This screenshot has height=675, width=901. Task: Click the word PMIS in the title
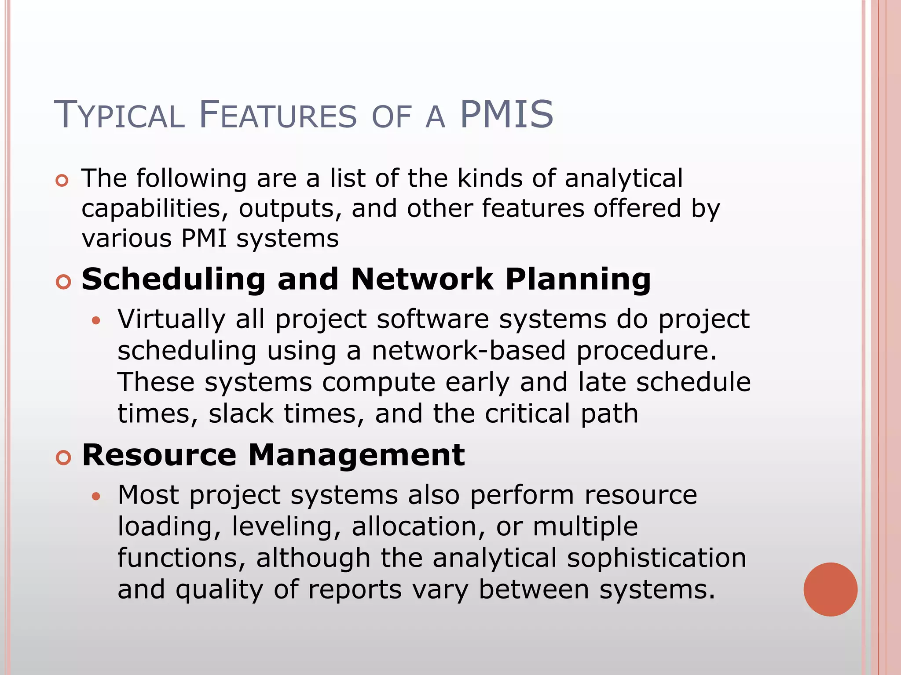pos(506,115)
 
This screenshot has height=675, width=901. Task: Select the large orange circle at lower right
pos(830,589)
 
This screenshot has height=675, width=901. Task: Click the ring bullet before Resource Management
pos(63,458)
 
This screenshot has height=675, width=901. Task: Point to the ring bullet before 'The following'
pos(62,181)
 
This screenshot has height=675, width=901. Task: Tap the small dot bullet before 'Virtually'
pos(96,321)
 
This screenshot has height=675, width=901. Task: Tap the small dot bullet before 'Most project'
pos(96,497)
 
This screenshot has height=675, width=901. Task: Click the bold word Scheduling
pos(173,280)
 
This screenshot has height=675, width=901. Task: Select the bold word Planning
pos(578,280)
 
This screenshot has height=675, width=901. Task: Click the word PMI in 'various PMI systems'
pos(204,239)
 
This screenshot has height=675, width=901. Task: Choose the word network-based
pos(469,351)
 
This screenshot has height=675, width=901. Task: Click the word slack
pos(241,414)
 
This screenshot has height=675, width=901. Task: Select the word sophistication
pos(656,558)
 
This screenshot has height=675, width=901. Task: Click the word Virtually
pos(171,319)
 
